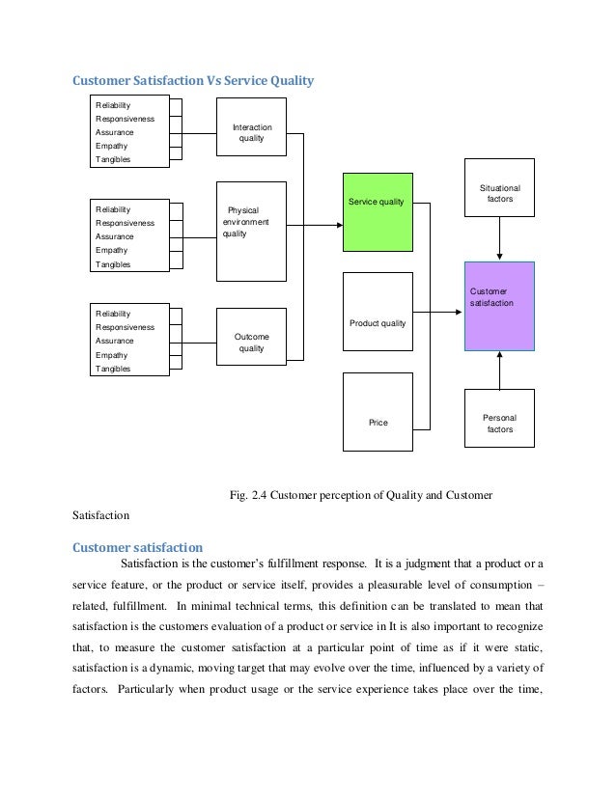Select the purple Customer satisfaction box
point(499,306)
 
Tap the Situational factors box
point(499,187)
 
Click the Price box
point(378,412)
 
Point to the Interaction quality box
point(251,133)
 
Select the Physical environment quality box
point(251,230)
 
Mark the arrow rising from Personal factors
point(499,371)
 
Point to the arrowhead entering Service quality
point(338,225)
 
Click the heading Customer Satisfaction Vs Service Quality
point(194,81)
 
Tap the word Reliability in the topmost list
point(114,104)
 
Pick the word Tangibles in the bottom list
point(113,369)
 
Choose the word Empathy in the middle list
point(111,250)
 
